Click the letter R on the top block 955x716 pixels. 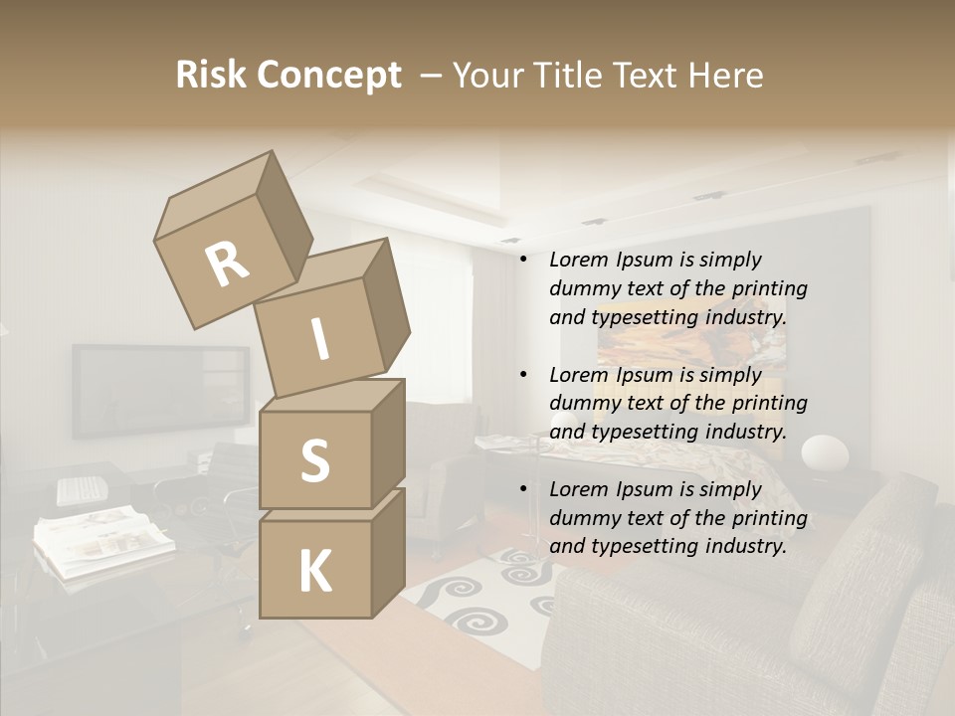(227, 265)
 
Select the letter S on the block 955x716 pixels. (314, 460)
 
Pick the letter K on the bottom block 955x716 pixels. (314, 571)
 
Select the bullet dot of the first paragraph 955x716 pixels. (523, 261)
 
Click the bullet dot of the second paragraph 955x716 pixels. (523, 375)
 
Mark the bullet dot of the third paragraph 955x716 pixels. (523, 489)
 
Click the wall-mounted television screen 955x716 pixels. (159, 391)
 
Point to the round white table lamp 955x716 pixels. (825, 454)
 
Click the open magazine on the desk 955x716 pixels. (103, 537)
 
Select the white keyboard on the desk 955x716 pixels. (82, 490)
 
